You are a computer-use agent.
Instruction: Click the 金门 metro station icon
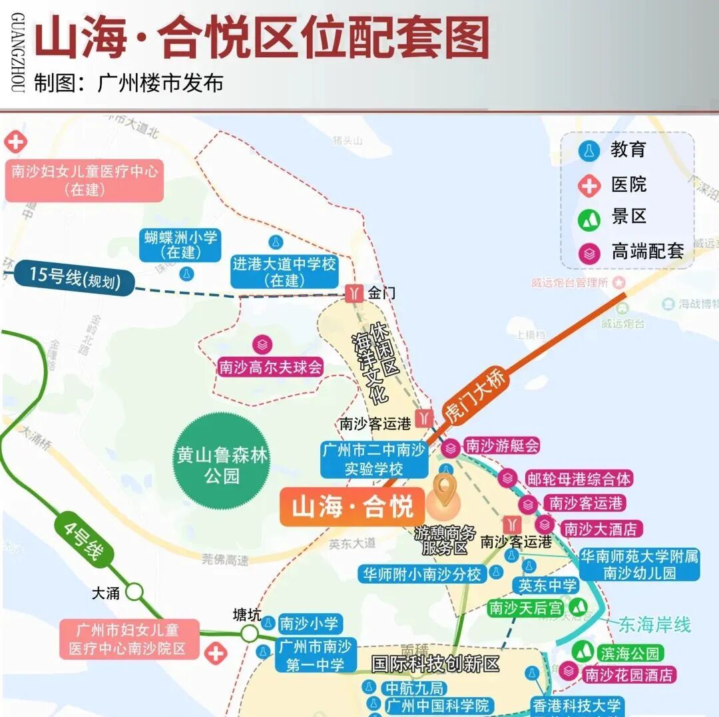click(x=354, y=293)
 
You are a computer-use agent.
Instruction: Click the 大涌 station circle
click(x=134, y=592)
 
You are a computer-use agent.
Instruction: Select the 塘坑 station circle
click(x=249, y=632)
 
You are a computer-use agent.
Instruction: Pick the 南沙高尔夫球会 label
click(x=270, y=367)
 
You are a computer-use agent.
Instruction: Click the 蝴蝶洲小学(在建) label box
click(x=180, y=245)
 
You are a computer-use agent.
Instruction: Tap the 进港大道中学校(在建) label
click(x=284, y=272)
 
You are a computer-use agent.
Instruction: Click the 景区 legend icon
click(x=589, y=218)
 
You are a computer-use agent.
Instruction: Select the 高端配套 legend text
click(x=647, y=252)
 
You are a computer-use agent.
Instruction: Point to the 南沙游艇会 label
click(x=501, y=446)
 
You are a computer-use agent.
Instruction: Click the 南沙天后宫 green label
click(x=526, y=608)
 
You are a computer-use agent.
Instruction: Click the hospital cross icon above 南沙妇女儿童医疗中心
click(x=15, y=142)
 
